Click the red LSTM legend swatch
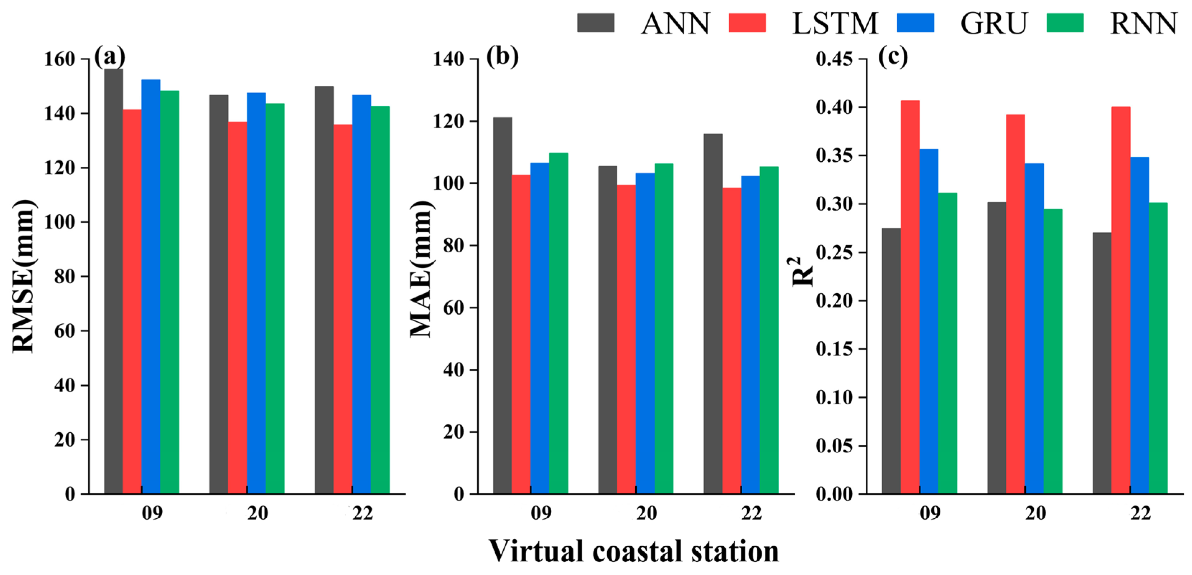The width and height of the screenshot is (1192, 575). (x=747, y=22)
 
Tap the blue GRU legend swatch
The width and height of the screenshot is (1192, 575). (x=915, y=22)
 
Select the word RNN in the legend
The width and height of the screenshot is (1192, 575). (x=1143, y=23)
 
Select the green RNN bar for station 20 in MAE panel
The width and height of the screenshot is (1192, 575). (x=664, y=328)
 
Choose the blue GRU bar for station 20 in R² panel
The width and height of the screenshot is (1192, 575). (x=1034, y=328)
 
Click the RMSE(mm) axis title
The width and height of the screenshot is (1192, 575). (x=23, y=276)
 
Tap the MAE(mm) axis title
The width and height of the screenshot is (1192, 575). (x=421, y=269)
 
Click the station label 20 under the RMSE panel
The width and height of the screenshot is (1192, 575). (x=257, y=513)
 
